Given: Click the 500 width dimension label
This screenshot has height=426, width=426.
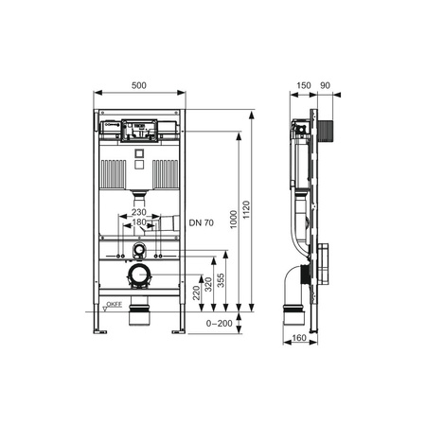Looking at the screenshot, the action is pos(139,85).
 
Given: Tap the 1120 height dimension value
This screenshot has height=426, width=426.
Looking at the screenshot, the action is pos(246,210).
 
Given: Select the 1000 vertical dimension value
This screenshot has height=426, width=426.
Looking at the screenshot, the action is pos(234,220).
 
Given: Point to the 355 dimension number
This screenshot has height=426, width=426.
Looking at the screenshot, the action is pos(222,280).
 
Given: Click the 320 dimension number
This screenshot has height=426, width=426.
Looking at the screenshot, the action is pos(208,284).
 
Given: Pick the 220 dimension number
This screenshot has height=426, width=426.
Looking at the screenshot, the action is pos(196,293).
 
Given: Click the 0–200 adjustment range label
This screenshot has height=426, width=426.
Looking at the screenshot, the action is pos(219,324).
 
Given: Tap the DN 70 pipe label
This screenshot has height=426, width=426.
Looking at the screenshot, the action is pos(202,222).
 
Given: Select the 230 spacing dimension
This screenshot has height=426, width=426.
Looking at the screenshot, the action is pos(139,212).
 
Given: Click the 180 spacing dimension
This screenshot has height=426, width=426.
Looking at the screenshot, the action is pos(139,222).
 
